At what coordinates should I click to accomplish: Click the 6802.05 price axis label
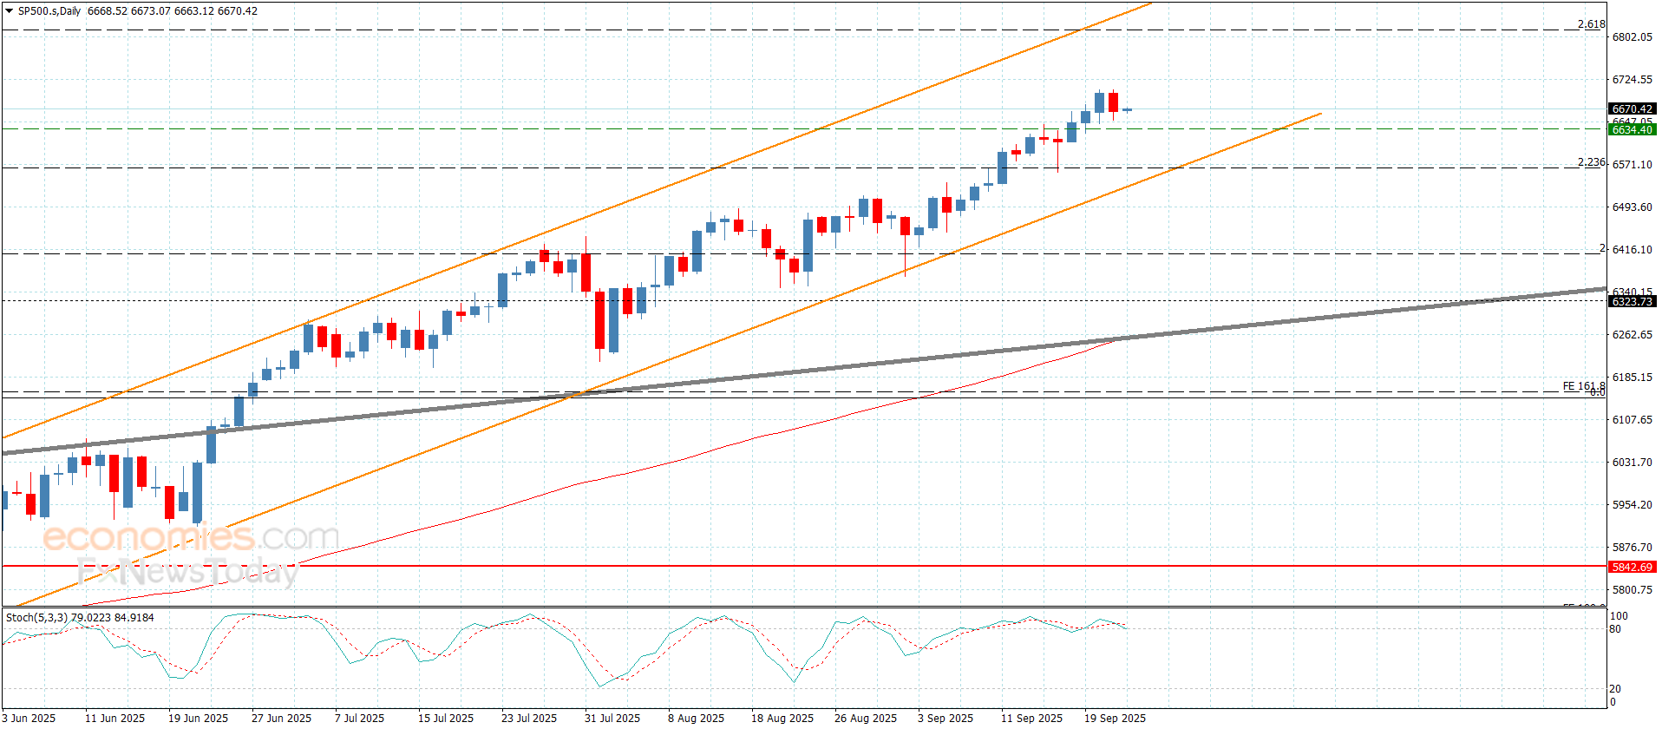pos(1632,37)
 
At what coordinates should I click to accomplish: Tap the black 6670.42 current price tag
pos(1632,109)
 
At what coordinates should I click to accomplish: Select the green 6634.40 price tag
pos(1632,130)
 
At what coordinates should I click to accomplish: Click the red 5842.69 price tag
pos(1632,568)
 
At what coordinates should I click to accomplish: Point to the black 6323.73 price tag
pos(1632,302)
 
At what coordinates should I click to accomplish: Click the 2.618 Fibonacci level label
pos(1591,24)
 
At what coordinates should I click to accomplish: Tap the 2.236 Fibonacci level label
pos(1591,162)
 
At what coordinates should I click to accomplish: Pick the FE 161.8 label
pos(1583,386)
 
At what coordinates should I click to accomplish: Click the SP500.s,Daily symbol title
pos(49,11)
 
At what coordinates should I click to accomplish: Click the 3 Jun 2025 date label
pos(29,719)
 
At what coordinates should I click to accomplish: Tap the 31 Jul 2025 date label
pos(612,719)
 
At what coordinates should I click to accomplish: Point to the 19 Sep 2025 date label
pos(1115,719)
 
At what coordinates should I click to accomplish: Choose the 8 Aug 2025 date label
pos(696,719)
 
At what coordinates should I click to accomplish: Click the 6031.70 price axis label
pos(1632,463)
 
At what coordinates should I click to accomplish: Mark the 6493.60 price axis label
pos(1632,207)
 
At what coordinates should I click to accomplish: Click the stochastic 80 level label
pos(1615,629)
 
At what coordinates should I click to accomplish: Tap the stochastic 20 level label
pos(1615,689)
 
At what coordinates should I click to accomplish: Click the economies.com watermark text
pos(191,537)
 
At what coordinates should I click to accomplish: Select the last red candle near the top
pos(1113,102)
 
